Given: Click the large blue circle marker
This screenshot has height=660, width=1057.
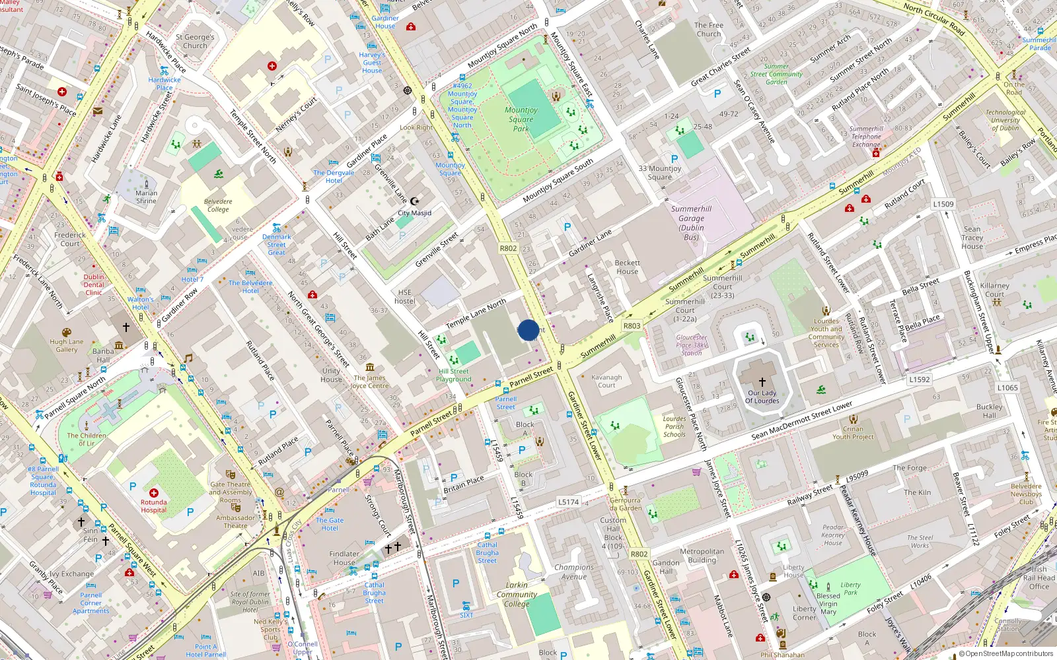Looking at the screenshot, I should [528, 330].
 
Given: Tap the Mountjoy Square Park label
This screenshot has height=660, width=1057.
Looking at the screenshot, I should [521, 119].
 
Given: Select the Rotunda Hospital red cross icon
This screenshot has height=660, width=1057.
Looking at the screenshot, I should [154, 493].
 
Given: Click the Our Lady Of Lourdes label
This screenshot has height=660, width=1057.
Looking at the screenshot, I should [762, 397].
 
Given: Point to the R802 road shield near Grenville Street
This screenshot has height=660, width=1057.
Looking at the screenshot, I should [508, 248].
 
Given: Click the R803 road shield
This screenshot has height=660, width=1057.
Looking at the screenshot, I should [632, 325].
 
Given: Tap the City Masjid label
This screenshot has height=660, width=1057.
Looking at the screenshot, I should [414, 213].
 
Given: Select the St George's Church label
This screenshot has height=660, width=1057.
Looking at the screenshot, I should [195, 42].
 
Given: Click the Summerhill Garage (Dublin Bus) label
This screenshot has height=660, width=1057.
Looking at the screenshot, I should [691, 222].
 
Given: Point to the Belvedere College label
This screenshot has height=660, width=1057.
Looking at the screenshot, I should [218, 205].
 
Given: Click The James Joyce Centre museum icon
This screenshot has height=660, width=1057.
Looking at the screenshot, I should [370, 367].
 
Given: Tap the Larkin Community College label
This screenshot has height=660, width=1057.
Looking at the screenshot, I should [517, 594].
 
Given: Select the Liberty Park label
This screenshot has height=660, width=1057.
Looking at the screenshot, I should [850, 588].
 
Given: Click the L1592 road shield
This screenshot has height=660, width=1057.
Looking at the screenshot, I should [919, 379].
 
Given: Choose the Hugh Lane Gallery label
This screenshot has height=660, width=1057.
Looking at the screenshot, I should [67, 345].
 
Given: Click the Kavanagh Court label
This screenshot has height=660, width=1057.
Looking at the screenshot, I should [606, 381].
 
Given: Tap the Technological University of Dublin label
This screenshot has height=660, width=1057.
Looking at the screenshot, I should [1005, 120].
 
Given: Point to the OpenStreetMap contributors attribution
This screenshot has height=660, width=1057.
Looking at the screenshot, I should [1005, 653].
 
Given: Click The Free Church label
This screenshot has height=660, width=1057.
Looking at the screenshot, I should [708, 30].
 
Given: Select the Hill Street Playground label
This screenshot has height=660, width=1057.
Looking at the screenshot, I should [454, 375].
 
